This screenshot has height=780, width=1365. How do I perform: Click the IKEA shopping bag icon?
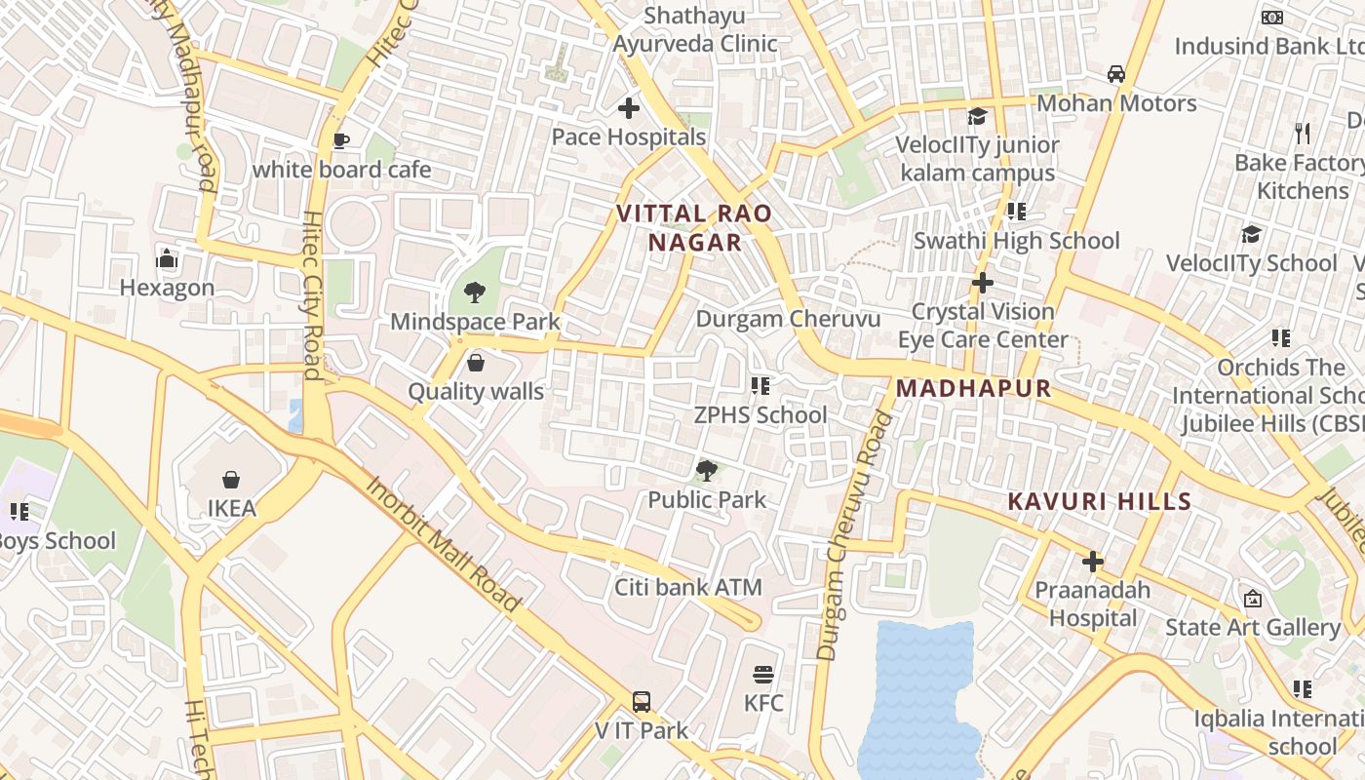pos(231,479)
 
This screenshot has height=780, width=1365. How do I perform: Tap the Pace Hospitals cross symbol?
pos(629,108)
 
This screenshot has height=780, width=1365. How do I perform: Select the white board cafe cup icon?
pos(341,141)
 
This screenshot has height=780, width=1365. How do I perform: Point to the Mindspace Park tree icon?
pos(475,292)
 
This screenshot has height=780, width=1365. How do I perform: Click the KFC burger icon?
pos(763,674)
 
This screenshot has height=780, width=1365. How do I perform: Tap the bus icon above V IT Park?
pos(642,701)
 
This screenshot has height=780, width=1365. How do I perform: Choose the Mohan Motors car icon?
pos(1116,74)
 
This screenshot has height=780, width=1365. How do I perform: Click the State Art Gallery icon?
pos(1253,598)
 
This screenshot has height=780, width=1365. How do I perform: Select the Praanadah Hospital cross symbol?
pos(1093,561)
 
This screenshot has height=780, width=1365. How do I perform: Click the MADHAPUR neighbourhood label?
pos(973,388)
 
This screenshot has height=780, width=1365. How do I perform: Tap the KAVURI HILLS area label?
pos(1099,501)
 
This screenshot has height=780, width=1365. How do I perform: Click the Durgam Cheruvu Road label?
pos(855,535)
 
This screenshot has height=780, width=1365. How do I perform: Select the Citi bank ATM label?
pos(687,588)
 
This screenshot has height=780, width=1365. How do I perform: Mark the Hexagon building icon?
pos(167,258)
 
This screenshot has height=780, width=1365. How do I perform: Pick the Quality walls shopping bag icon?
pos(476,363)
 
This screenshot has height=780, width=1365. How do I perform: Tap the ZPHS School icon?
pos(760,386)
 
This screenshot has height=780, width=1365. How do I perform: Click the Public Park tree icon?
pos(707,471)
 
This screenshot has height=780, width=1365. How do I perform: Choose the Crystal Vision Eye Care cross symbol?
pos(983,283)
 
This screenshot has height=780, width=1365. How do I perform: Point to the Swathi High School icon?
pos(1017,212)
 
